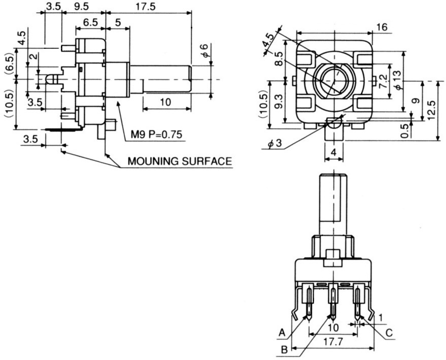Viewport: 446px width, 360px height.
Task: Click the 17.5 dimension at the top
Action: click(x=146, y=7)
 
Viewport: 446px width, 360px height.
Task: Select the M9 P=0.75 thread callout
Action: click(x=156, y=135)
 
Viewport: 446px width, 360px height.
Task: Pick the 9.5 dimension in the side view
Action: click(x=81, y=7)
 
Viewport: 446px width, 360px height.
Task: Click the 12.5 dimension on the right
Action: click(x=431, y=110)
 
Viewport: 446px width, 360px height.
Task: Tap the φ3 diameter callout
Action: click(x=275, y=143)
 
